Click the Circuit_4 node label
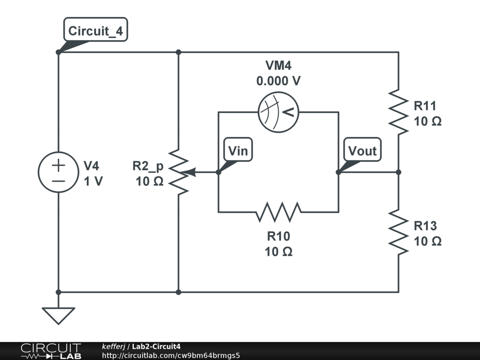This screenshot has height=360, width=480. tap(96, 31)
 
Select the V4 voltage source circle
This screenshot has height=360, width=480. tap(58, 172)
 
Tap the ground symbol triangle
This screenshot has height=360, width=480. tap(58, 315)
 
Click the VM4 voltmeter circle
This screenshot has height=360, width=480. tap(278, 112)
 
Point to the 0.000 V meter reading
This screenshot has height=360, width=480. tap(278, 81)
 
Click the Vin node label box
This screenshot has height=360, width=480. tap(238, 150)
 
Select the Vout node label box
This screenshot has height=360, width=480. tap(362, 150)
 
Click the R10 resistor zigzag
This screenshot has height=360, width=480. tap(278, 212)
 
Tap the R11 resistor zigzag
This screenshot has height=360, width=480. tap(398, 112)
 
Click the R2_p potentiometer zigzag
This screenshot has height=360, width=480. tap(179, 172)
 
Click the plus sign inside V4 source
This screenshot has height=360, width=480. tap(58, 165)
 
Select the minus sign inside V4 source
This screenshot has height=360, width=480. tap(58, 180)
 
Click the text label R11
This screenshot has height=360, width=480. tap(425, 105)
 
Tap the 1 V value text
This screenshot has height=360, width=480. tap(93, 181)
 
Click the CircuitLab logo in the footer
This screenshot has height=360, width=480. tap(51, 351)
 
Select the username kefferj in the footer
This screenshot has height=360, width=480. tap(113, 346)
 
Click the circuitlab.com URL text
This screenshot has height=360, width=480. tap(171, 355)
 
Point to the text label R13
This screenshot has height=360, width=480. tap(425, 226)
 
